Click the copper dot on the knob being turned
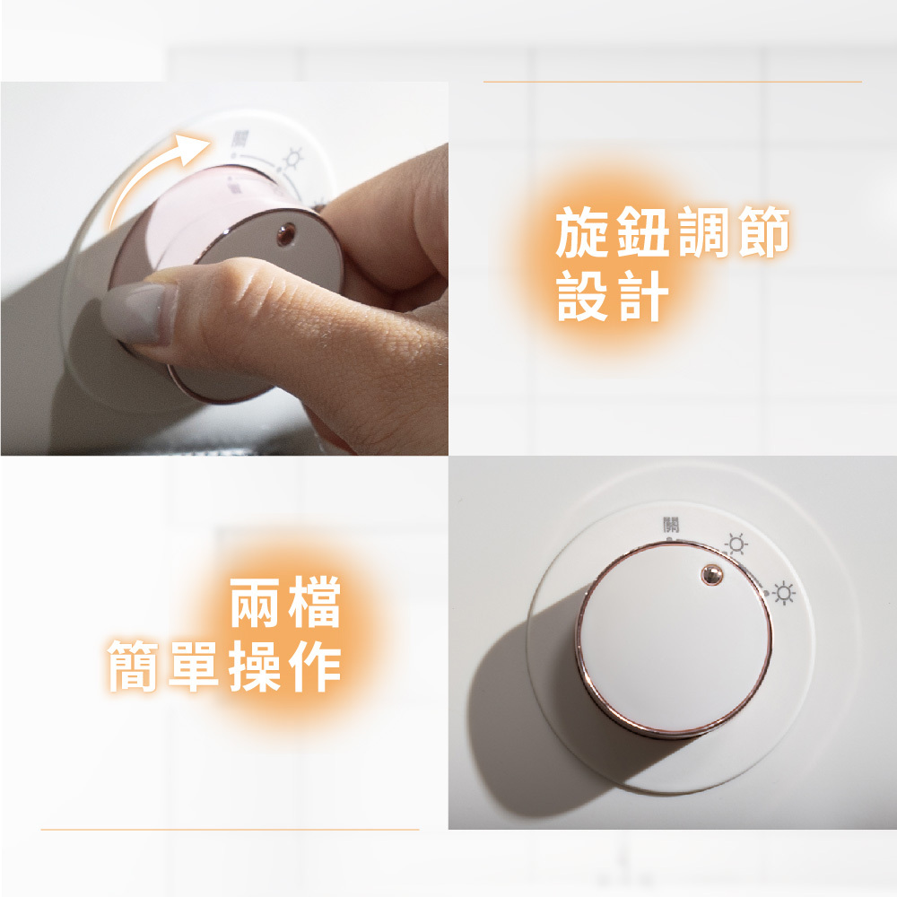(x=284, y=235)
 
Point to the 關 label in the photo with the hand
(x=240, y=139)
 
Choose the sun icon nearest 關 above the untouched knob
(x=736, y=544)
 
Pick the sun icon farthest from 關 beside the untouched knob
(x=784, y=593)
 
